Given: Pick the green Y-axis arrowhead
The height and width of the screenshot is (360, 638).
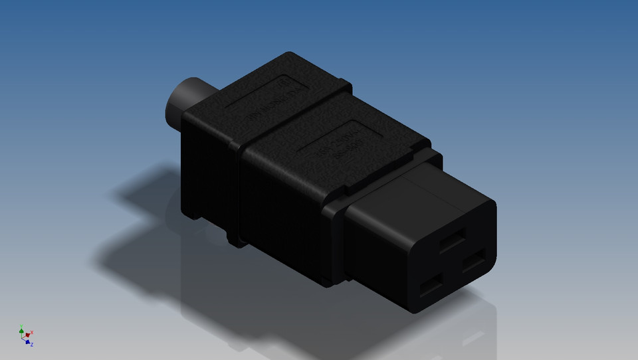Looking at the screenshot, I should tap(21, 329).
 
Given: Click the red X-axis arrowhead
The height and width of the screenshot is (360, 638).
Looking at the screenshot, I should tap(28, 335).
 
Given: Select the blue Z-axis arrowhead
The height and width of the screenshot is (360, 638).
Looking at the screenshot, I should tap(27, 342).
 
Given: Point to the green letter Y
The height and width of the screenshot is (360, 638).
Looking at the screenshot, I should tap(21, 325).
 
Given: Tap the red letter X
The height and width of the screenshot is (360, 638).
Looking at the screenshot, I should tap(32, 332).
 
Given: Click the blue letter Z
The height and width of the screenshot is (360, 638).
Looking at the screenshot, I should tap(31, 344).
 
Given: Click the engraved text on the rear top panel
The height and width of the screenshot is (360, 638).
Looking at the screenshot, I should tap(265, 106).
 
